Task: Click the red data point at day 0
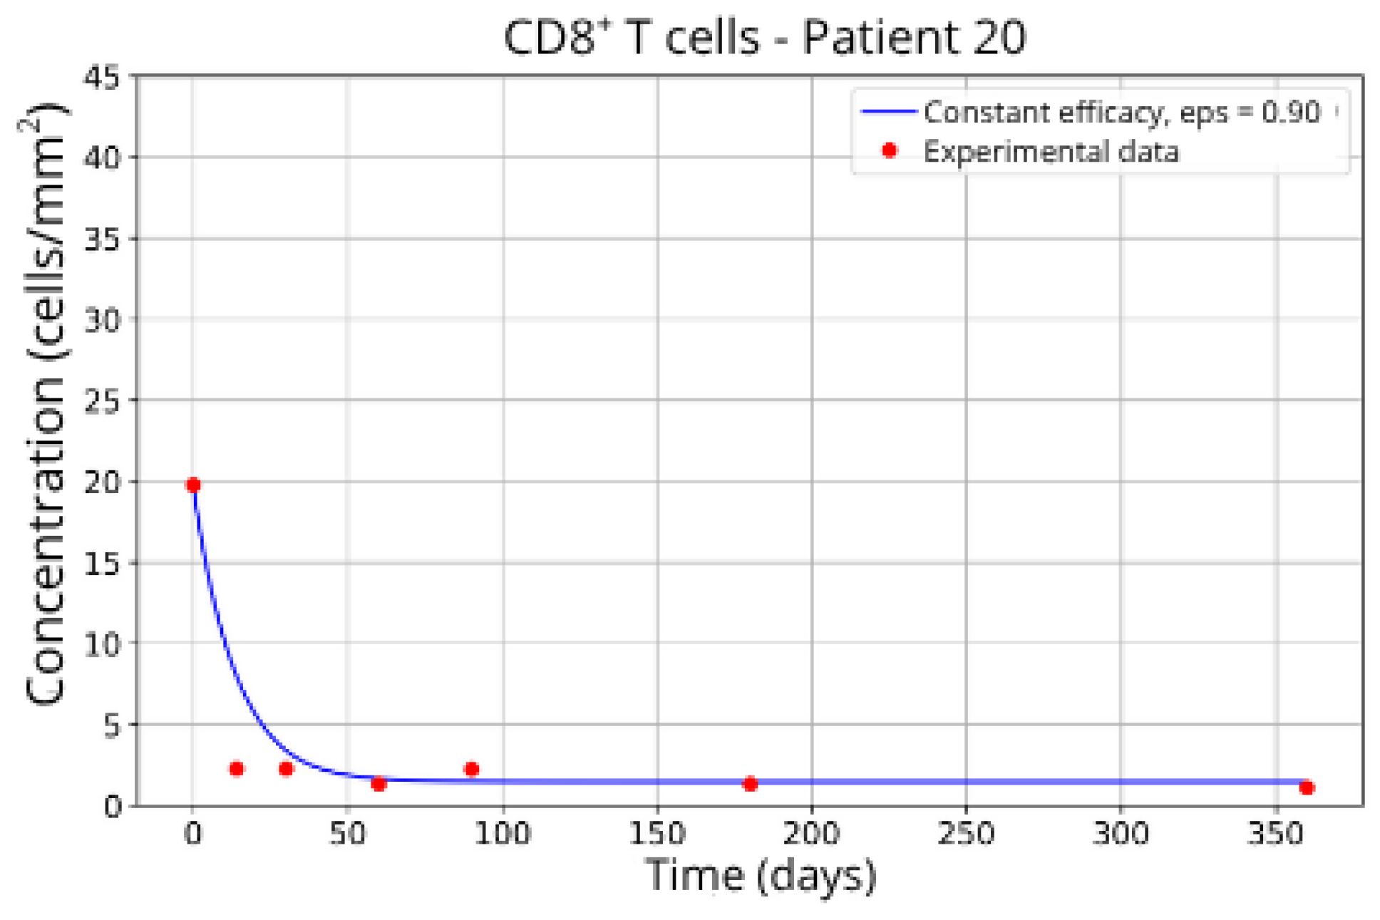click(192, 485)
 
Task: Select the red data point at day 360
click(1306, 787)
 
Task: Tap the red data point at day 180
click(749, 784)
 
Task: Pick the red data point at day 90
click(471, 769)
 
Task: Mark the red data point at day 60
click(379, 784)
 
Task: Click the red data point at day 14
click(237, 768)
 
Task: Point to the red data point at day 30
click(286, 768)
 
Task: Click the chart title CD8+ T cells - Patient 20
click(764, 37)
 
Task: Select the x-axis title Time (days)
click(760, 875)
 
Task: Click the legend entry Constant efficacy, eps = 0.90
click(1121, 112)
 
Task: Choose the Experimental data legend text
click(1051, 152)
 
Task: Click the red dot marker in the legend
click(889, 150)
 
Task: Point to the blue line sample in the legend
click(888, 111)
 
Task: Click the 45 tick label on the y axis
click(102, 77)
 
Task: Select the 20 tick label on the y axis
click(102, 482)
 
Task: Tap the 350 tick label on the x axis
click(1275, 833)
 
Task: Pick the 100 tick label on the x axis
click(503, 833)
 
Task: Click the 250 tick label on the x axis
click(966, 833)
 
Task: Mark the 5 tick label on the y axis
click(113, 726)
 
